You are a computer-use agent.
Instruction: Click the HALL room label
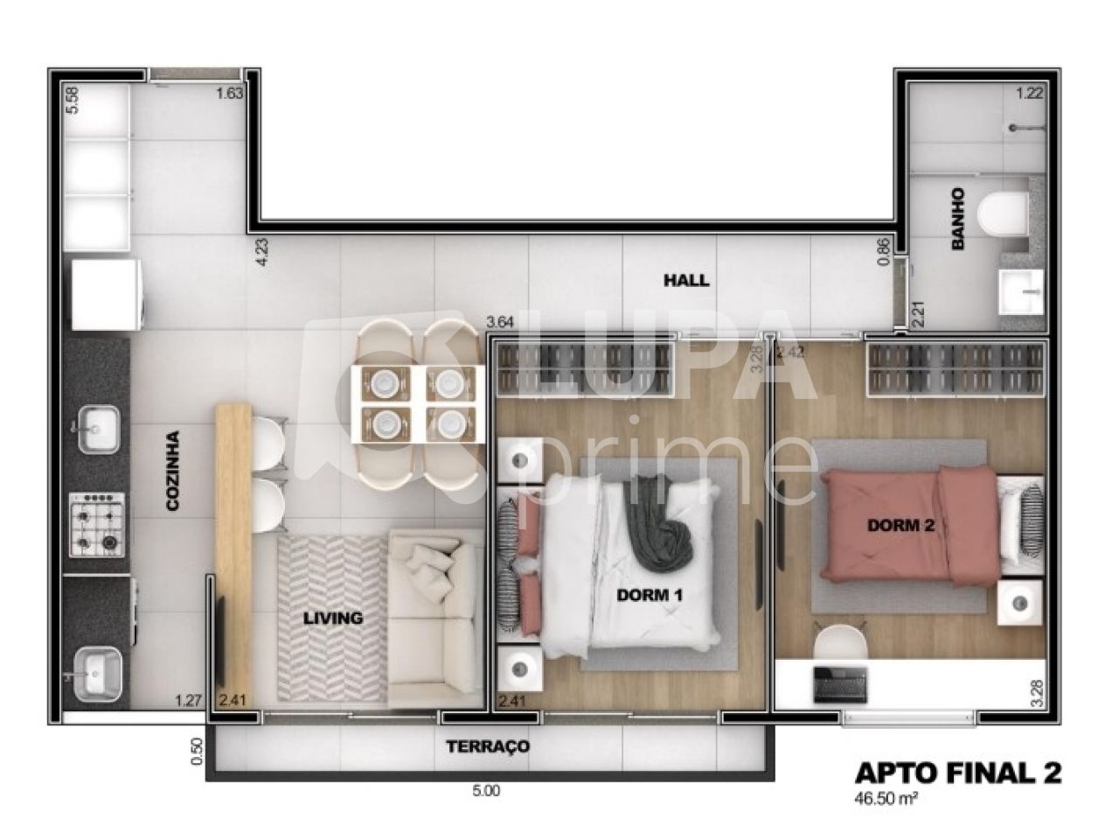tap(686, 281)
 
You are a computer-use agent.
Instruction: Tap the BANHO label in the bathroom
tap(957, 220)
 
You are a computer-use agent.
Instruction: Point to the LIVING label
tap(332, 618)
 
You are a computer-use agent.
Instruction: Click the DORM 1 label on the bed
tap(650, 595)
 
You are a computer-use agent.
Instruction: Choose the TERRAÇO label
tap(488, 746)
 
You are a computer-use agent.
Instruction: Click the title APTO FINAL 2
tap(957, 773)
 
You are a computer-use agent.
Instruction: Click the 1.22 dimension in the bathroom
tap(1029, 94)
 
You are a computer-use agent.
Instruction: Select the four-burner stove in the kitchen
tap(97, 525)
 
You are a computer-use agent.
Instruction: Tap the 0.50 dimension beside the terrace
tap(197, 752)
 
